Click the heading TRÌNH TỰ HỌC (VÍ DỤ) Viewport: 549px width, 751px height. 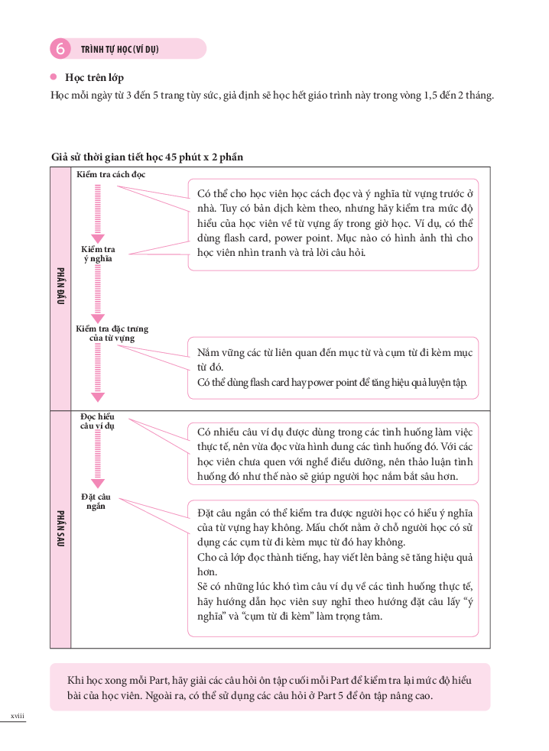point(119,50)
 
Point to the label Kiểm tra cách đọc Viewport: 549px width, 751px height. point(111,175)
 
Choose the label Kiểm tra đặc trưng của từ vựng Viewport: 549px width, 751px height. point(112,333)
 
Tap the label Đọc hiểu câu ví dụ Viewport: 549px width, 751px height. point(97,421)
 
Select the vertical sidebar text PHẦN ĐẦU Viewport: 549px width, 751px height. point(60,286)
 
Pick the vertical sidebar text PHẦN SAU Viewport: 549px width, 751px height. point(60,528)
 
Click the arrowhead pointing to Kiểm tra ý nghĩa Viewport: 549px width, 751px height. point(97,238)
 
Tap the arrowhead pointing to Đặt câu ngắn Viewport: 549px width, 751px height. point(97,484)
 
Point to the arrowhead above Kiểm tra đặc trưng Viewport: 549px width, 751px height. point(97,318)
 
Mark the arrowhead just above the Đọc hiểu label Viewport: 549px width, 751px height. point(97,397)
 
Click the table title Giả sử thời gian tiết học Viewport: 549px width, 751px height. point(147,157)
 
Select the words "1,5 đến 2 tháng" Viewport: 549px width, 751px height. point(458,96)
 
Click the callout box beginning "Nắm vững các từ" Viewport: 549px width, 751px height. point(333,367)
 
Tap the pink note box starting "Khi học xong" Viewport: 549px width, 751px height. point(270,687)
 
